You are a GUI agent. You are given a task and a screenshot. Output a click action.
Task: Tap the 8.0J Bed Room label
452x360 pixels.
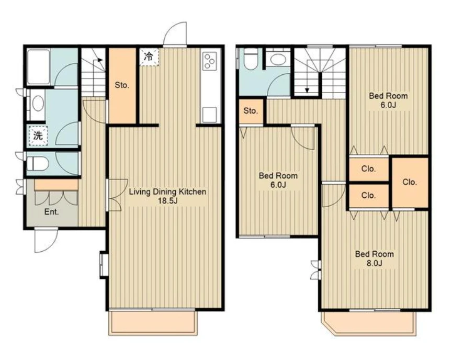(375, 258)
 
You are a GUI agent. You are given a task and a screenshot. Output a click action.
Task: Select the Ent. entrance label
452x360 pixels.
(52, 212)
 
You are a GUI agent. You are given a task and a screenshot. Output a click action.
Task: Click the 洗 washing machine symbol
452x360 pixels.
(38, 136)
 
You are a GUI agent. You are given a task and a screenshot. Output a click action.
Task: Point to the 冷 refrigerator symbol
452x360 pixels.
(149, 57)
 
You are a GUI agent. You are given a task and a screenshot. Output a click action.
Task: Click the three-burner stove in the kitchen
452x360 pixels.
(210, 61)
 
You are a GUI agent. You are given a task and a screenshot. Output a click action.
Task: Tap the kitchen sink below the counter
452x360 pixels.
(210, 115)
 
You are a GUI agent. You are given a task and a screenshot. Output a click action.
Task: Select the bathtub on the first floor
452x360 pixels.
(39, 67)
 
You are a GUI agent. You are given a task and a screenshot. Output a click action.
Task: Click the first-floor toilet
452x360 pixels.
(38, 164)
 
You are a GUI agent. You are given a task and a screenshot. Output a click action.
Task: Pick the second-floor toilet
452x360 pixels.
(251, 59)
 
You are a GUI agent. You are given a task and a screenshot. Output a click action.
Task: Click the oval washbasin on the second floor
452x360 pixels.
(278, 60)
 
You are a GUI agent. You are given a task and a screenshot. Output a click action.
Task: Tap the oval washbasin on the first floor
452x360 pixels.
(38, 104)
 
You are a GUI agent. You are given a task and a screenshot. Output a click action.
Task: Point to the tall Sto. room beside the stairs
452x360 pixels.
(122, 86)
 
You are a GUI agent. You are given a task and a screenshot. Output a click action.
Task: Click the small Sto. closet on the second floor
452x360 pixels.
(251, 111)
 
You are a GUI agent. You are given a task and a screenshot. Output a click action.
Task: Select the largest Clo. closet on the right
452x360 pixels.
(410, 182)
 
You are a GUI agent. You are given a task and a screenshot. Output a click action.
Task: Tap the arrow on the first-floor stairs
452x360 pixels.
(99, 60)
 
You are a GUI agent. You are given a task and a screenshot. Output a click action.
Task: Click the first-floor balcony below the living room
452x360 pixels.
(153, 323)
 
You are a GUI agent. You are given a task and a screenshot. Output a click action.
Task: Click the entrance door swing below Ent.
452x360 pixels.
(46, 240)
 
